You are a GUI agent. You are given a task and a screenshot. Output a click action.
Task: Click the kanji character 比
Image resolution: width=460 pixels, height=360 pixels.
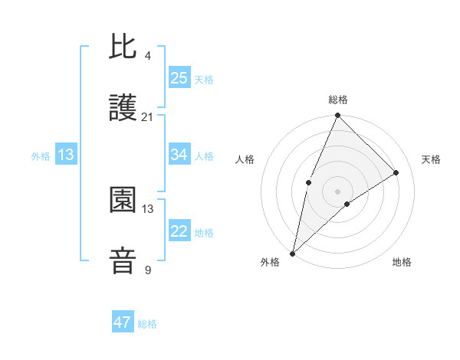pyautogui.click(x=123, y=47)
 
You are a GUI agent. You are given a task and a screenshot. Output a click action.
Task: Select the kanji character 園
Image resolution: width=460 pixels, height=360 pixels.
pyautogui.click(x=123, y=201)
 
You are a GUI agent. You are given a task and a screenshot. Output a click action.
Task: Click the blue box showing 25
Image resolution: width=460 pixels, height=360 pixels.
pyautogui.click(x=179, y=78)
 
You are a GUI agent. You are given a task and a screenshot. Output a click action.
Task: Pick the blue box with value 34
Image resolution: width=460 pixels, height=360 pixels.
pyautogui.click(x=179, y=155)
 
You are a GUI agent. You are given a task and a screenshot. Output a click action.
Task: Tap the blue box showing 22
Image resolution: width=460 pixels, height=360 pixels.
pyautogui.click(x=179, y=231)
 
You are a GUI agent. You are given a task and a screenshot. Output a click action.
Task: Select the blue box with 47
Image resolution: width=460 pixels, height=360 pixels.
pyautogui.click(x=123, y=322)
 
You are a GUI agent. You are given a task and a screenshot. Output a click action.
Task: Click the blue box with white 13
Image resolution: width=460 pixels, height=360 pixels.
pyautogui.click(x=66, y=155)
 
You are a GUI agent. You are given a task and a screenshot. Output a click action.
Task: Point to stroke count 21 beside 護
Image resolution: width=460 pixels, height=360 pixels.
pyautogui.click(x=147, y=117)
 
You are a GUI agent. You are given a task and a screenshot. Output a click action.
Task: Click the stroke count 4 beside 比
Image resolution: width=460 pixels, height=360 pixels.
pyautogui.click(x=147, y=56)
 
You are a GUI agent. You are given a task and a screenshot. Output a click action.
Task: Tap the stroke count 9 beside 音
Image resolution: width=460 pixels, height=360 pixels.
pyautogui.click(x=147, y=270)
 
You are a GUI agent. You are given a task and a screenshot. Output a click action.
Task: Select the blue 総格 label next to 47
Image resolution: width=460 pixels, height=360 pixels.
pyautogui.click(x=147, y=324)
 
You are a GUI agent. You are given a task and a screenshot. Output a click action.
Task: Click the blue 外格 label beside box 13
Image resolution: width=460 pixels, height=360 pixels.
pyautogui.click(x=41, y=156)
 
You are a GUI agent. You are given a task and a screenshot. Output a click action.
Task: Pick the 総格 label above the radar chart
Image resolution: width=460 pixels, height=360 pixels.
pyautogui.click(x=338, y=100)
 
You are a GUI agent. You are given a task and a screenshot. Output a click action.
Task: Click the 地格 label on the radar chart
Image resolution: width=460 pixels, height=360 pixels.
pyautogui.click(x=402, y=263)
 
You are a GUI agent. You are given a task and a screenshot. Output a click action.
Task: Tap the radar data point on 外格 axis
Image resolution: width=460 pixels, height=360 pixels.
pyautogui.click(x=292, y=254)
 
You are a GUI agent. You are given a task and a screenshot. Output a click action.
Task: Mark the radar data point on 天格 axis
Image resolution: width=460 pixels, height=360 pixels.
pyautogui.click(x=396, y=172)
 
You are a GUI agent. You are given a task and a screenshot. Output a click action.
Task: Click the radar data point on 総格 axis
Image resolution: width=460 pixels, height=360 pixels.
pyautogui.click(x=338, y=116)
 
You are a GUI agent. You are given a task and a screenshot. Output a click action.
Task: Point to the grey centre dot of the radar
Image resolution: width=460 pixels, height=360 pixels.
pyautogui.click(x=338, y=191)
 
